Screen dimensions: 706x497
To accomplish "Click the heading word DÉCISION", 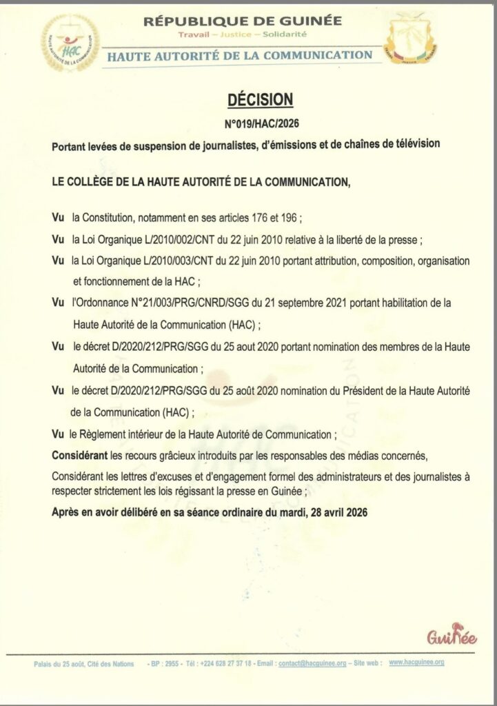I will point(261,101).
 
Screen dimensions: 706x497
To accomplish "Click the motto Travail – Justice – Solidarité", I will point(243,34).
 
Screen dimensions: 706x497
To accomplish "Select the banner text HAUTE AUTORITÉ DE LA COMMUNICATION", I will point(240,54).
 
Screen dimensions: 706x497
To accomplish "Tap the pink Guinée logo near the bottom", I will point(452,636).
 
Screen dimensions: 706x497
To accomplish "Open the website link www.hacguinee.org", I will point(416,662).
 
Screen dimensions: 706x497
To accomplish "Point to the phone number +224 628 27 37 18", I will point(226,663).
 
